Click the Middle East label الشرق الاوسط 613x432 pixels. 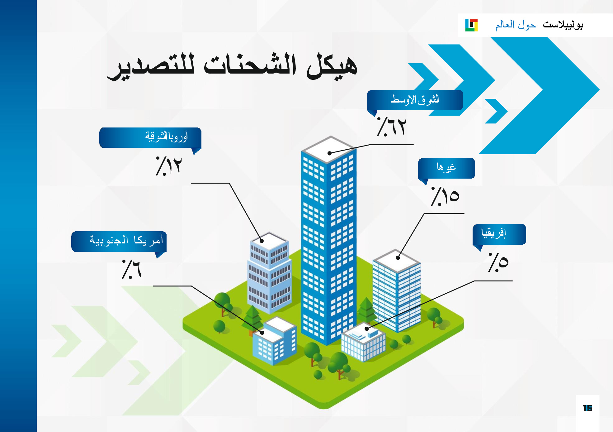[x=415, y=100]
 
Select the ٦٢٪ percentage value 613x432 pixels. [x=391, y=127]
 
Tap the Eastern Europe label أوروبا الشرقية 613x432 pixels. [x=166, y=137]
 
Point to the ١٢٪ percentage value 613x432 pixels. [x=168, y=166]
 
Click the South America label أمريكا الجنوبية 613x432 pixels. [x=126, y=240]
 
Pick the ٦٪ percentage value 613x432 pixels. [x=131, y=269]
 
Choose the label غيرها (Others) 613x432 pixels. [x=446, y=168]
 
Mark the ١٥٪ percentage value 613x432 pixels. [x=445, y=196]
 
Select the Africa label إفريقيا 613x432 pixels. [x=493, y=233]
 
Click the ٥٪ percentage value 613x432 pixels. [x=498, y=262]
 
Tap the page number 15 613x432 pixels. [x=587, y=408]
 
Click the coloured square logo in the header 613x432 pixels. [x=471, y=25]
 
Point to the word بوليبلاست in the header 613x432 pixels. [x=563, y=25]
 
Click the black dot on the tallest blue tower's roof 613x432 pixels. [x=329, y=153]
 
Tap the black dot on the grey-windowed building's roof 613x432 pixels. [x=262, y=241]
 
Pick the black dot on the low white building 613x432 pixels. [x=366, y=329]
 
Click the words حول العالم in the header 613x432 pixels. [x=516, y=25]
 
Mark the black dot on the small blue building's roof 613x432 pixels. [x=262, y=333]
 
